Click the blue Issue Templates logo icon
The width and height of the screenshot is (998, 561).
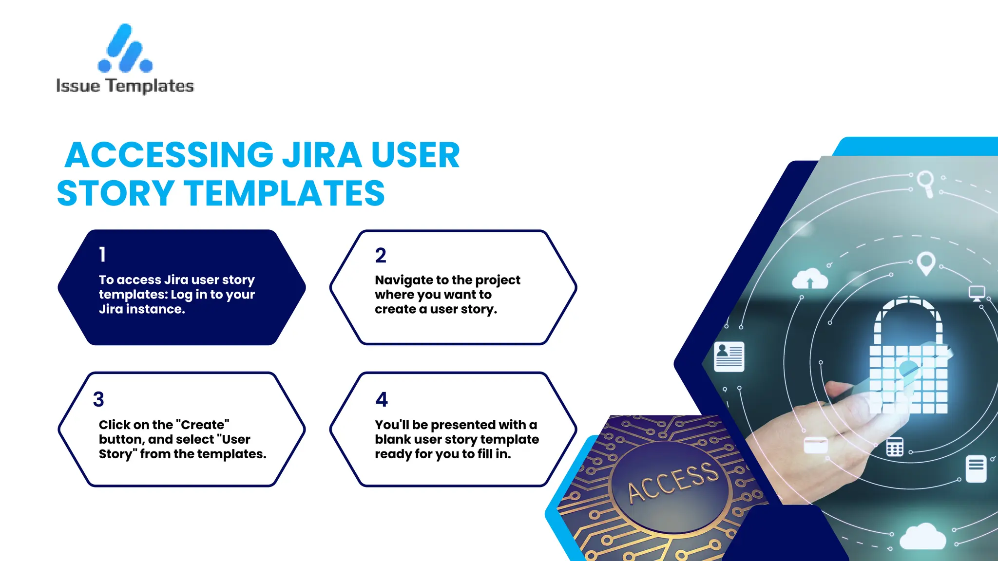tap(125, 49)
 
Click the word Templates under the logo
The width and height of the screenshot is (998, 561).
tap(150, 86)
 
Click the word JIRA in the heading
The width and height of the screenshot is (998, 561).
tap(322, 155)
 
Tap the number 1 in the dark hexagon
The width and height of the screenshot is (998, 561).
tap(102, 254)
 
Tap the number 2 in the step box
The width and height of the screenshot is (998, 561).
tap(381, 256)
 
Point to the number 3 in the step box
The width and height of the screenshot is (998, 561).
tap(98, 399)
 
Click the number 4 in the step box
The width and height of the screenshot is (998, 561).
tap(382, 399)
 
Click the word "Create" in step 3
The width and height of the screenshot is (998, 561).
tap(205, 425)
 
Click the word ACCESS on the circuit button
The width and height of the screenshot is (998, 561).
tap(672, 482)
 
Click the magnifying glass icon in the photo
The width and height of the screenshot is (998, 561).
tap(925, 183)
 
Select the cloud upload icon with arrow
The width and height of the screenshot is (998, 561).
tap(809, 280)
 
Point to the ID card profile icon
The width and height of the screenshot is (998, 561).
tap(729, 356)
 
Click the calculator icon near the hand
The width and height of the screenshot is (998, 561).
tap(894, 447)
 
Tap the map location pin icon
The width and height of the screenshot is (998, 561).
tap(926, 263)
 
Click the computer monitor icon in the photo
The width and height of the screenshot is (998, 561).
tap(977, 293)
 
